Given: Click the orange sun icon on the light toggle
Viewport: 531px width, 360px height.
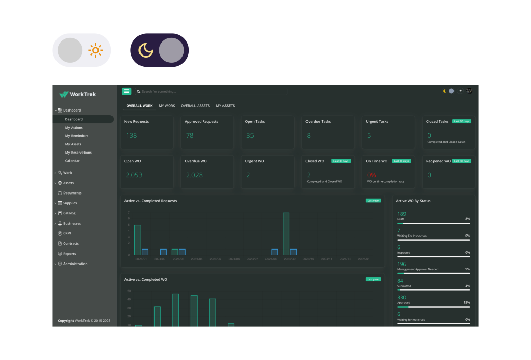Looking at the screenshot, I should point(95,50).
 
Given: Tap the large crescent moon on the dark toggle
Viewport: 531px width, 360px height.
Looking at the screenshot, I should point(146,50).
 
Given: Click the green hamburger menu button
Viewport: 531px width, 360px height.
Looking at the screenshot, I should point(127,91).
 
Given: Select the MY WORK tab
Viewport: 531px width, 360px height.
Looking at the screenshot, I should point(167,106).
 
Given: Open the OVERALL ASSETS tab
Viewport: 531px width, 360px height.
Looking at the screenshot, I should point(195,106).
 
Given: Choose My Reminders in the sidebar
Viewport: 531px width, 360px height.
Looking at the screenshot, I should point(77,136).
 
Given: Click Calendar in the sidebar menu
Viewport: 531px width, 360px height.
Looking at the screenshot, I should point(73,161).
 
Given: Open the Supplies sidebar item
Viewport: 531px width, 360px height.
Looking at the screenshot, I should point(70,203).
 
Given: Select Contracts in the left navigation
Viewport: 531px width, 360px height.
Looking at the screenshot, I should point(71,244).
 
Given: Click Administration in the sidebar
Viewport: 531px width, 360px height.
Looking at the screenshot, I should point(75,264).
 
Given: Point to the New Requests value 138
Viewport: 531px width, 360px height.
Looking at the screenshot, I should point(132,136).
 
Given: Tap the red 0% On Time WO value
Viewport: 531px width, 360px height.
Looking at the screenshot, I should point(371,175).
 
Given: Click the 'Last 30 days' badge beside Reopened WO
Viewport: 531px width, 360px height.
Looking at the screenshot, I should point(462,161).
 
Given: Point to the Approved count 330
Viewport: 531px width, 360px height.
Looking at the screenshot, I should point(402,298).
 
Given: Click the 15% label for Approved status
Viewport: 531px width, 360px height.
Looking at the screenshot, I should point(467,303).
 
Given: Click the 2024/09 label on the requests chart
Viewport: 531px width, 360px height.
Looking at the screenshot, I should point(289,259).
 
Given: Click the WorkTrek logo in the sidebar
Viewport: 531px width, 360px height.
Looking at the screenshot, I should point(78,94).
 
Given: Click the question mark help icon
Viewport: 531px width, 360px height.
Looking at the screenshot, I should point(460,91).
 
